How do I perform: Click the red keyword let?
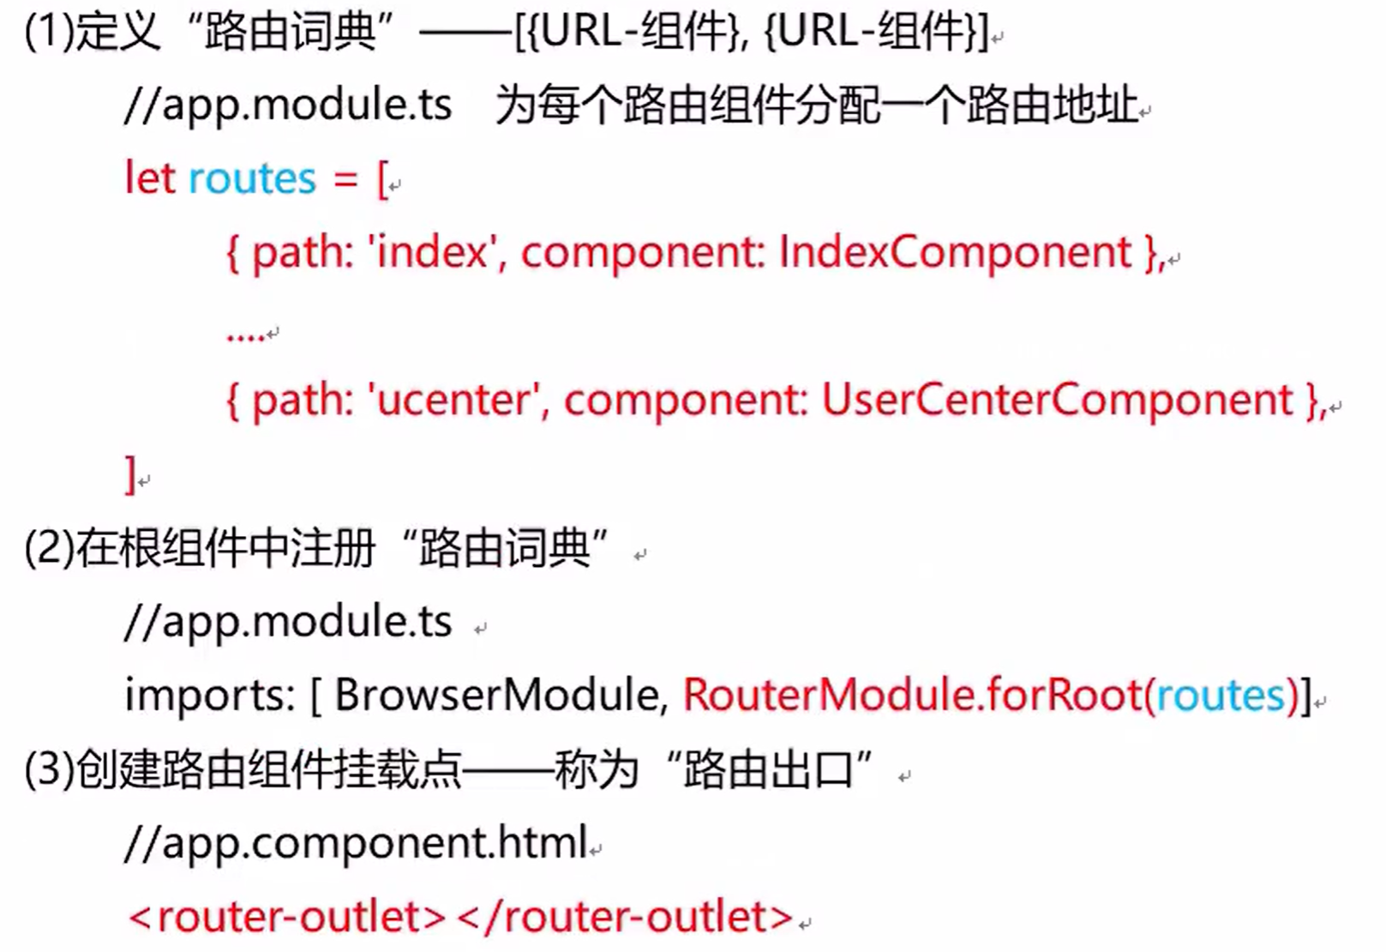(150, 178)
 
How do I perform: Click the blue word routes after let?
(252, 178)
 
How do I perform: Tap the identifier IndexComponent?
(955, 252)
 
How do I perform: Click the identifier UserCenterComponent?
(1057, 400)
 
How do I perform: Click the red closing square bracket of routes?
(130, 473)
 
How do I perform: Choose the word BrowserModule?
(496, 695)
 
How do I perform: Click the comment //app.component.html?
(357, 842)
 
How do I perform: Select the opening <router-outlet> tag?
(287, 916)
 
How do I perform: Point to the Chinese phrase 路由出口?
(768, 768)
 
